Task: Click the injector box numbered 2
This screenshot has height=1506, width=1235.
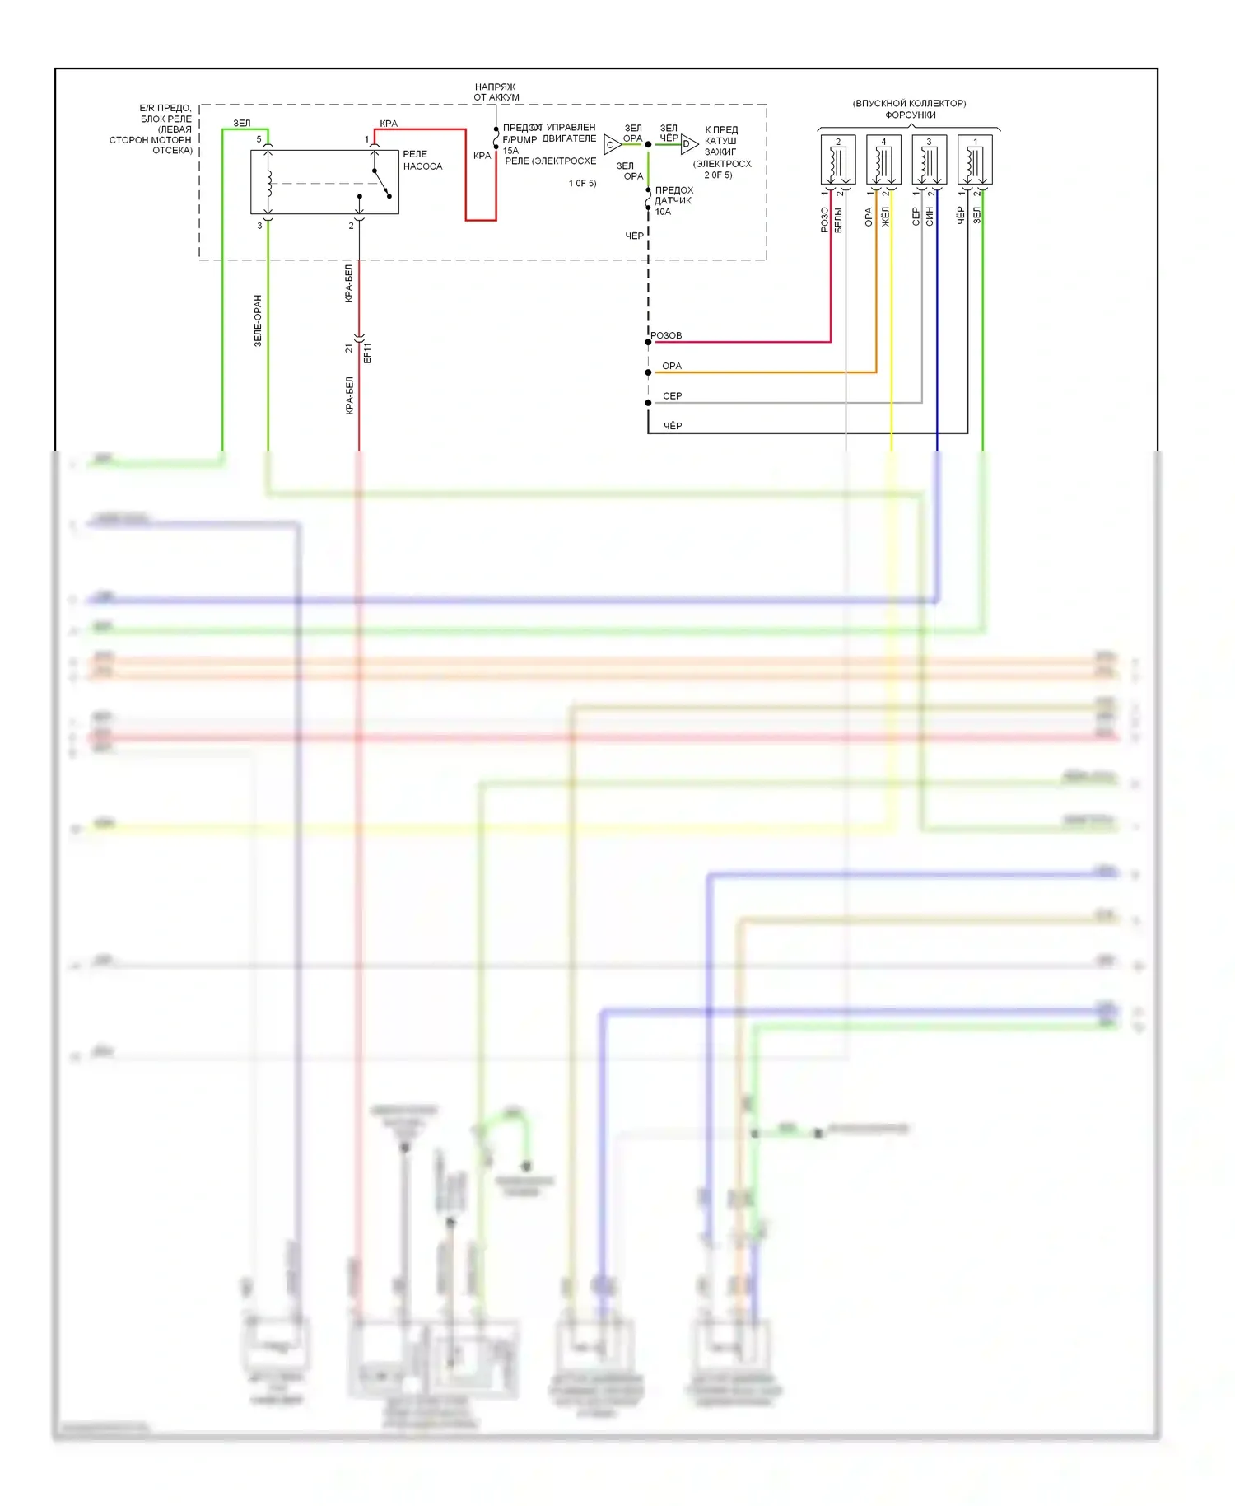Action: pyautogui.click(x=838, y=160)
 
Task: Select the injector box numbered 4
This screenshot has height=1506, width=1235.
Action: pyautogui.click(x=883, y=160)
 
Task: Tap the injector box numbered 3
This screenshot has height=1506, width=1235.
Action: pyautogui.click(x=929, y=160)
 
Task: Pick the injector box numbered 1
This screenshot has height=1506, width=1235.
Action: pyautogui.click(x=975, y=160)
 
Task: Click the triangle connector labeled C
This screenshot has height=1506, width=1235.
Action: pyautogui.click(x=612, y=145)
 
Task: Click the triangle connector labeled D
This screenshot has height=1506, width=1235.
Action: pyautogui.click(x=688, y=145)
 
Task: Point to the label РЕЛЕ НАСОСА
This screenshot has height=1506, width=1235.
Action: pyautogui.click(x=422, y=160)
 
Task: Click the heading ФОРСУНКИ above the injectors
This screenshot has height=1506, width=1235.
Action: pyautogui.click(x=910, y=115)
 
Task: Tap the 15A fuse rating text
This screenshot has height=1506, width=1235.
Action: pyautogui.click(x=510, y=151)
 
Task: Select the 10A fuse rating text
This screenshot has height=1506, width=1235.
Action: pyautogui.click(x=663, y=212)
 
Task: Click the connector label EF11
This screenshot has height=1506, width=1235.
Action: pyautogui.click(x=367, y=353)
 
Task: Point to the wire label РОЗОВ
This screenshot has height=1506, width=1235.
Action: pyautogui.click(x=666, y=335)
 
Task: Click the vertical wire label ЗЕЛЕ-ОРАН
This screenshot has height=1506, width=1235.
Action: pyautogui.click(x=258, y=320)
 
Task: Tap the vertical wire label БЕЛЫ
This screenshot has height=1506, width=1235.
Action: pyautogui.click(x=838, y=220)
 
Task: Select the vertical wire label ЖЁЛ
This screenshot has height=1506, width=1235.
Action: pyautogui.click(x=886, y=217)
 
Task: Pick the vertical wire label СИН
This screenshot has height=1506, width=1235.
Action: pyautogui.click(x=930, y=217)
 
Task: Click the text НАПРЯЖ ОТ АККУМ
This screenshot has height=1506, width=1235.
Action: pyautogui.click(x=496, y=91)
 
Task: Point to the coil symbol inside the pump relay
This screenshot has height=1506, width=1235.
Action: pyautogui.click(x=268, y=183)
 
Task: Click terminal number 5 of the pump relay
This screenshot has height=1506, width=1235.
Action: pyautogui.click(x=259, y=139)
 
